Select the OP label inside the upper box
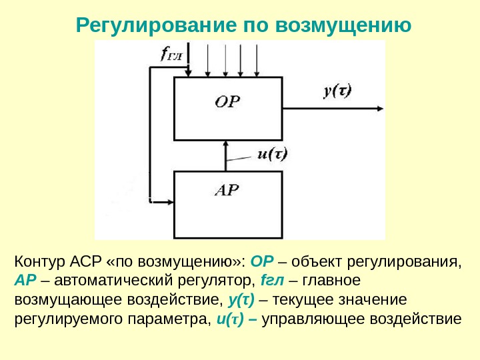(x=227, y=101)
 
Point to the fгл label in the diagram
(x=171, y=53)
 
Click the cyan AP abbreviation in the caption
(x=24, y=279)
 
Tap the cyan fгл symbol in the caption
(x=267, y=279)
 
